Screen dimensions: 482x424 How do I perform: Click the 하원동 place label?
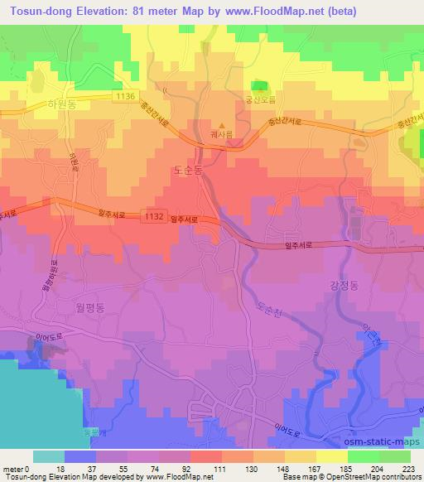[x=63, y=105]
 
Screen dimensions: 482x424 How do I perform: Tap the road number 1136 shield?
[x=125, y=97]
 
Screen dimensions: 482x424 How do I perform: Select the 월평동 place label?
[x=70, y=305]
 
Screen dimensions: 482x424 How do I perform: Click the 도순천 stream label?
[x=267, y=313]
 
